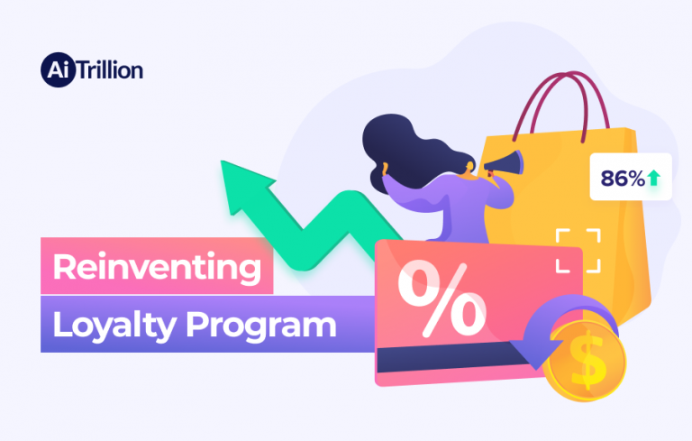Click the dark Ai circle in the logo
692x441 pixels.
pos(56,69)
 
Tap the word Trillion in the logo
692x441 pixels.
pos(109,69)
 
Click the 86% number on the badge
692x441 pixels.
pos(622,179)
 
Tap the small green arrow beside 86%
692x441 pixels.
pos(653,179)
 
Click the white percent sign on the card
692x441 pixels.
pos(442,299)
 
